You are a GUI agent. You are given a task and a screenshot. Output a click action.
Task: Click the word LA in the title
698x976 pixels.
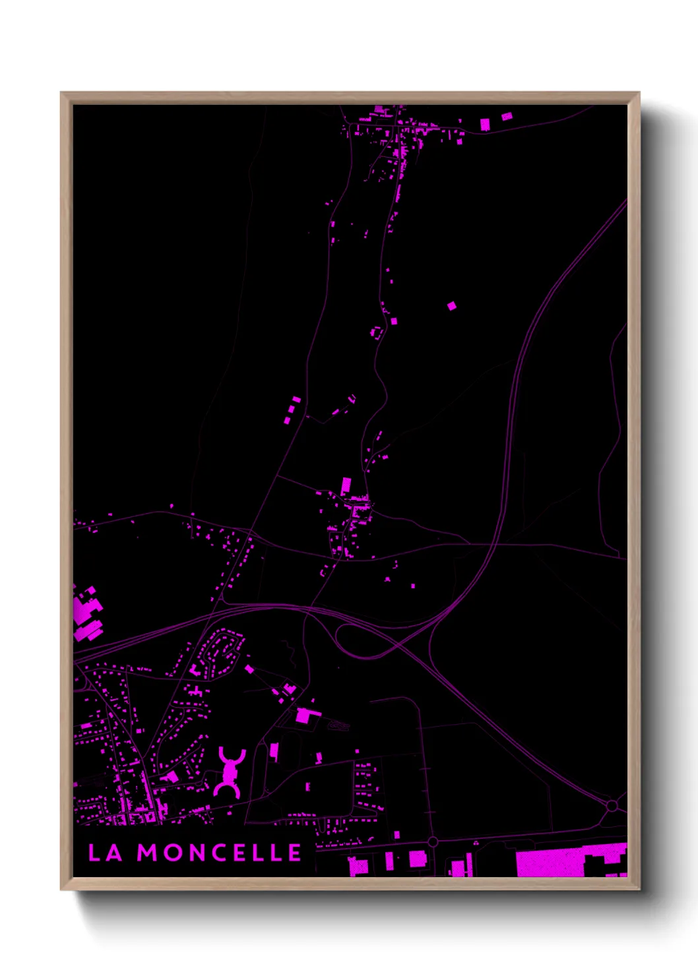(x=106, y=853)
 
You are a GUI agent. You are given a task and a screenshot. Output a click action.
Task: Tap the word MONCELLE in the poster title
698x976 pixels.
(x=220, y=853)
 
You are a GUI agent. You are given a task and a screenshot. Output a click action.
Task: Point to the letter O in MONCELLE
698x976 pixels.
(x=172, y=853)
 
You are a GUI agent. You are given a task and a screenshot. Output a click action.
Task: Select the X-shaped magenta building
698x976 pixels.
(x=230, y=772)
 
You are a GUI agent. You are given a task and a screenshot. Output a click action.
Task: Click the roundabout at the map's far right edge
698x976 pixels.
(x=612, y=805)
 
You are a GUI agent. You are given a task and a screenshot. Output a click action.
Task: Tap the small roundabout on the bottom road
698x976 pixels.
(x=432, y=842)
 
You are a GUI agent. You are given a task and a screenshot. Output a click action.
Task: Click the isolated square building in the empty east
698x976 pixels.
(x=451, y=305)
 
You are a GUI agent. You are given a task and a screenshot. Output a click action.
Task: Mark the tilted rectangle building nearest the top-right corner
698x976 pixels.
(x=506, y=117)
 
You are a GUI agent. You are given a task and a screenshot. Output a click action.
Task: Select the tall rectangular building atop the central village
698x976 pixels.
(x=346, y=486)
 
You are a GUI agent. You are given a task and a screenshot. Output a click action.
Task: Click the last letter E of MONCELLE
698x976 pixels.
(x=295, y=853)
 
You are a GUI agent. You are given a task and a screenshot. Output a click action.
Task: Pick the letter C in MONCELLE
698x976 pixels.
(x=218, y=853)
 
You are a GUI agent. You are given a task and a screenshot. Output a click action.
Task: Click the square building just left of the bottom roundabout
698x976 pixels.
(x=417, y=859)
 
